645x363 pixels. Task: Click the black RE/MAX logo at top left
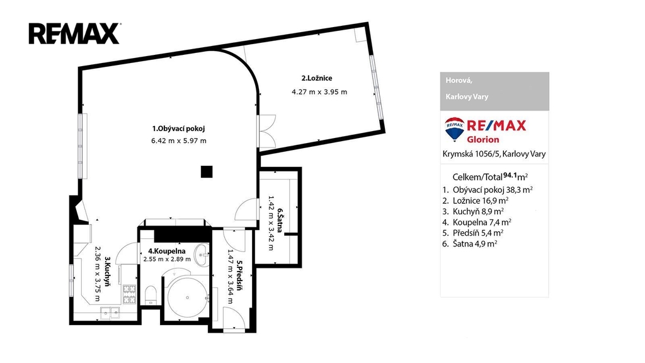[x=74, y=33]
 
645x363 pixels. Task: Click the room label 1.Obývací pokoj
[x=178, y=129]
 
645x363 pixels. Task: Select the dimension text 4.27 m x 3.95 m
[x=319, y=92]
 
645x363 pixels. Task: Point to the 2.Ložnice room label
[x=317, y=78]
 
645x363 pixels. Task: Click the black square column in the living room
[x=207, y=171]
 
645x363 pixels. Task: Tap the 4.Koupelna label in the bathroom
[x=166, y=251]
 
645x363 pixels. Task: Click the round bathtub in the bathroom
[x=187, y=297]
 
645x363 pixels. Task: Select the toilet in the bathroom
[x=151, y=295]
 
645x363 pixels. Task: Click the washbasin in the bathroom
[x=202, y=255]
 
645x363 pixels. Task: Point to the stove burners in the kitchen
[x=129, y=294]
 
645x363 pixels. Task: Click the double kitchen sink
[x=110, y=313]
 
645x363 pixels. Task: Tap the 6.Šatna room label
[x=280, y=220]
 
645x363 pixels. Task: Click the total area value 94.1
[x=510, y=175]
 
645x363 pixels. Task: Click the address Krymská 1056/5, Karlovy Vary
[x=494, y=154]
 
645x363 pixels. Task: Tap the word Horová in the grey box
[x=459, y=80]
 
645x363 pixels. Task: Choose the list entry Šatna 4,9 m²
[x=475, y=244]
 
